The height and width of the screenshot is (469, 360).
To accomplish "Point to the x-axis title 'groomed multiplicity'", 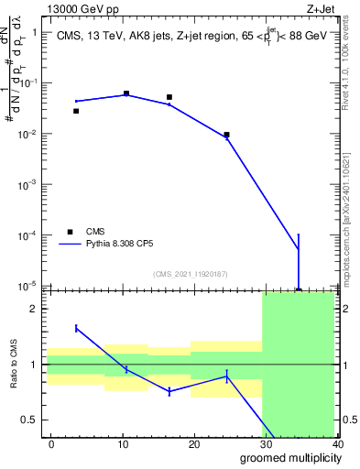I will tap(286, 457).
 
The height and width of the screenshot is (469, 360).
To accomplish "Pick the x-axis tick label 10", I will tap(123, 443).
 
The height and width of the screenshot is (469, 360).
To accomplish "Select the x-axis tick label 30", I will tap(266, 443).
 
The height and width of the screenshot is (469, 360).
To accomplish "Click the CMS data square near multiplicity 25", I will tap(226, 135).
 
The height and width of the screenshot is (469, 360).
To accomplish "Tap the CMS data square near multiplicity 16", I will tap(169, 97).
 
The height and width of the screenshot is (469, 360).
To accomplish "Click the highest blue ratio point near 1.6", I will tap(76, 328).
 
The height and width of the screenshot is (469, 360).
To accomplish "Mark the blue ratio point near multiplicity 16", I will tap(169, 391).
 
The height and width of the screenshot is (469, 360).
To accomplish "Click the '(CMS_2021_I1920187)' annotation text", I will tap(190, 274).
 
